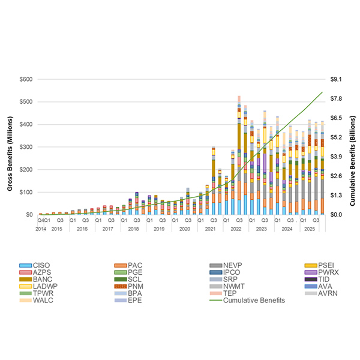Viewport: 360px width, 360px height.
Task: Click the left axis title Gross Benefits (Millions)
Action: click(x=10, y=147)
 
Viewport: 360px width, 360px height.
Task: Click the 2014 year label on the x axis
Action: click(x=40, y=229)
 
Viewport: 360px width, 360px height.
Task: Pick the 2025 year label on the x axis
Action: click(x=309, y=229)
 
